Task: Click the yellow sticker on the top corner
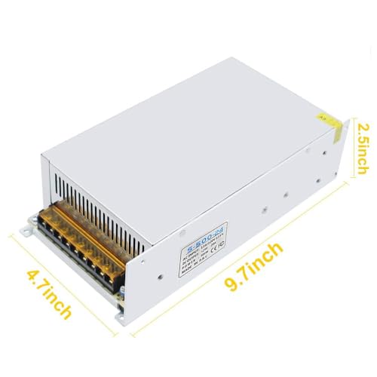[x=333, y=127]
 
